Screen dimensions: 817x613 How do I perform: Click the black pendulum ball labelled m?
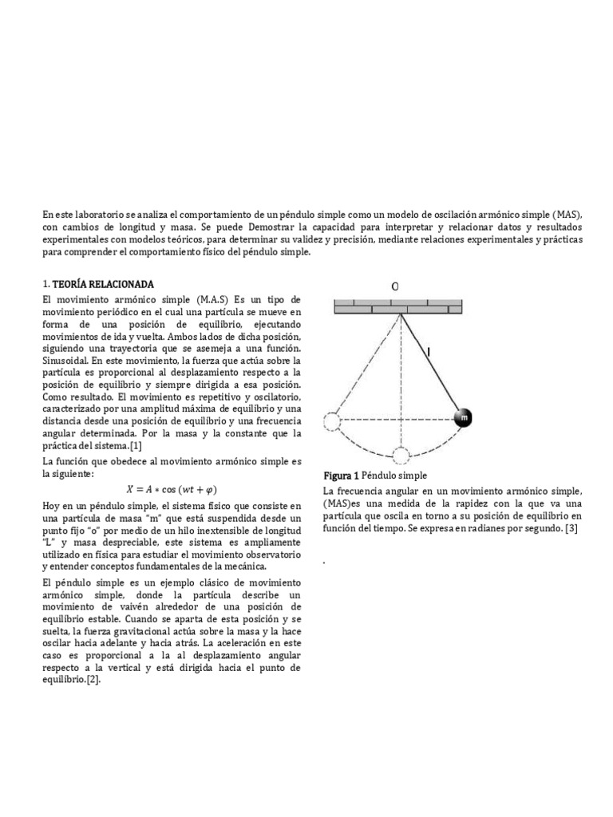tap(463, 418)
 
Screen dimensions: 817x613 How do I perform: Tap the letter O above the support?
tap(394, 286)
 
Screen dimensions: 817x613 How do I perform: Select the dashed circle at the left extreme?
tap(333, 420)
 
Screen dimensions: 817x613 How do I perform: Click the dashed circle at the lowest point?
tap(401, 456)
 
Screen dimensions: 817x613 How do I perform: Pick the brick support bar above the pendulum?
tap(397, 306)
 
